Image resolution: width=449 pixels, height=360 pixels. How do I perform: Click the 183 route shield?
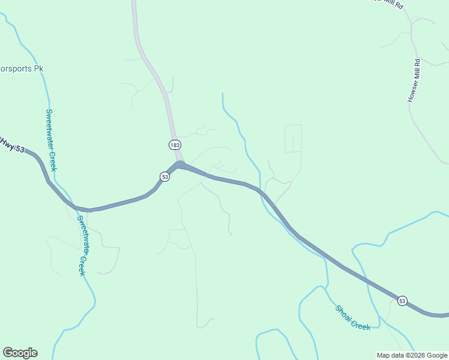[175, 145]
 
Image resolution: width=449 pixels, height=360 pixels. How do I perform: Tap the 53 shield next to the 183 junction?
[164, 176]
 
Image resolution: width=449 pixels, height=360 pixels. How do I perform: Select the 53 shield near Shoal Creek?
[402, 300]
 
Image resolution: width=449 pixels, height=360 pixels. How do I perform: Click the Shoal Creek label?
[352, 317]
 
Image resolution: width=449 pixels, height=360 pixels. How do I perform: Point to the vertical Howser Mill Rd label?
[414, 80]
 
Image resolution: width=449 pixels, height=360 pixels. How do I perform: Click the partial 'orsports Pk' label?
[22, 69]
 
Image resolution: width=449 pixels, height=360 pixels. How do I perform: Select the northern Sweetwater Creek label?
[51, 140]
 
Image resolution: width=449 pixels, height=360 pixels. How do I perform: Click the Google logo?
[20, 353]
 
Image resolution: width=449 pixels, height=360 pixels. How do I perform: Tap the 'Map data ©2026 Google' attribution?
[412, 355]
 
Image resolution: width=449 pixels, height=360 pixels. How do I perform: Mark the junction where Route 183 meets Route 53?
[180, 164]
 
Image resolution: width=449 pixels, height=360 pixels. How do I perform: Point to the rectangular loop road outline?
[293, 139]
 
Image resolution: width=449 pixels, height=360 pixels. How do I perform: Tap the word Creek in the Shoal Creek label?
[360, 322]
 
